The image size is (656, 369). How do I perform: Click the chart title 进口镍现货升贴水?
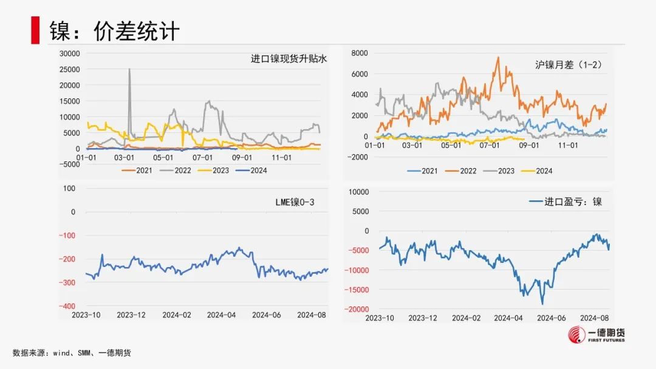(x=289, y=59)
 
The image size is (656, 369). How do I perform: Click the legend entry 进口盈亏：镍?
(x=565, y=201)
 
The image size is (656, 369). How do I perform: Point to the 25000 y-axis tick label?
(x=69, y=69)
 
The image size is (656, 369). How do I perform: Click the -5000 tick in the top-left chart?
(x=69, y=164)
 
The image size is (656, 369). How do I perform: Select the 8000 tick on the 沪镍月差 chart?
(x=360, y=53)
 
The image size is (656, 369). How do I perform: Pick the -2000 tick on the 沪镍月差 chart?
(x=358, y=157)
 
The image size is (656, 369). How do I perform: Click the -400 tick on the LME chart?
(x=67, y=306)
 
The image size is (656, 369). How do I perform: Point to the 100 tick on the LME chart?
(x=69, y=188)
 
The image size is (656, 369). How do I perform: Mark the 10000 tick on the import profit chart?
(x=358, y=192)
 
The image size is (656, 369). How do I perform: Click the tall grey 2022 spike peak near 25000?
(x=129, y=69)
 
